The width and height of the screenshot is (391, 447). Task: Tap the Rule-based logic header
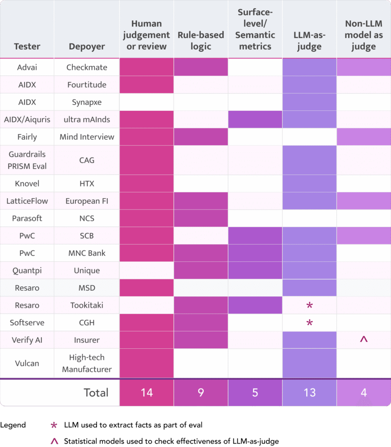pyautogui.click(x=201, y=41)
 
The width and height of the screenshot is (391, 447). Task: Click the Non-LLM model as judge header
pyautogui.click(x=364, y=35)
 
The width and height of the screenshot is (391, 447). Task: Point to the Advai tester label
pyautogui.click(x=27, y=67)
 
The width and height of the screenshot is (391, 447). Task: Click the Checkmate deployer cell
pyautogui.click(x=87, y=67)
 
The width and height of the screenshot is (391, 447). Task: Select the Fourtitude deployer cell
pyautogui.click(x=87, y=85)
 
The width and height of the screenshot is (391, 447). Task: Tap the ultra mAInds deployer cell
pyautogui.click(x=87, y=119)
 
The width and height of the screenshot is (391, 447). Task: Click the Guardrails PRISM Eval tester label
pyautogui.click(x=27, y=160)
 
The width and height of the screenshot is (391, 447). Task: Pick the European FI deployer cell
pyautogui.click(x=87, y=201)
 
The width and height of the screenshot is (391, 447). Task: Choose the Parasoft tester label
pyautogui.click(x=27, y=218)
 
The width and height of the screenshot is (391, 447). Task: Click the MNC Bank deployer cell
pyautogui.click(x=87, y=253)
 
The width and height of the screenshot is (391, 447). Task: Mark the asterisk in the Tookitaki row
pyautogui.click(x=309, y=306)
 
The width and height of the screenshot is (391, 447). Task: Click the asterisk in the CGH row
pyautogui.click(x=309, y=323)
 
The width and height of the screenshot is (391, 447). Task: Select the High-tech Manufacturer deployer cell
pyautogui.click(x=87, y=363)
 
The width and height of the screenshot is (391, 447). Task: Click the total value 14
pyautogui.click(x=147, y=392)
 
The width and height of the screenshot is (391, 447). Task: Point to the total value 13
pyautogui.click(x=309, y=392)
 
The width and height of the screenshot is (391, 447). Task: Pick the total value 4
pyautogui.click(x=364, y=392)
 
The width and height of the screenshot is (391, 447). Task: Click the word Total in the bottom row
pyautogui.click(x=96, y=392)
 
